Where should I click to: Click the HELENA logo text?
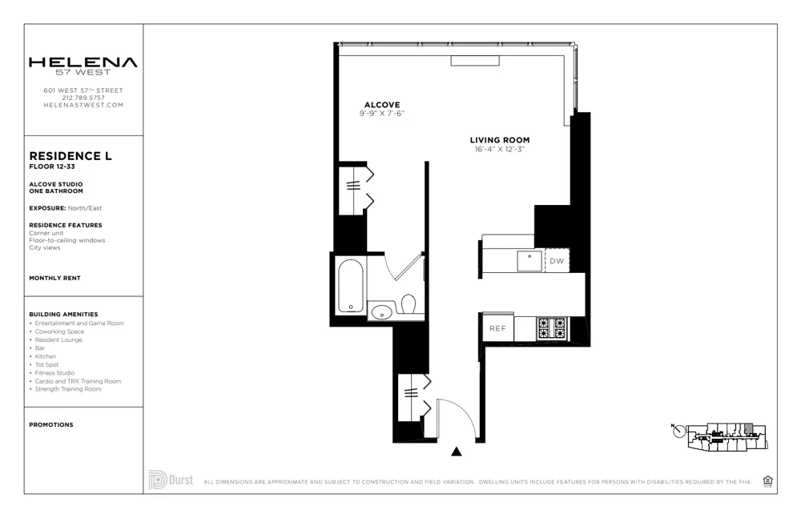click(83, 62)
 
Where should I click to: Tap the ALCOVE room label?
click(382, 105)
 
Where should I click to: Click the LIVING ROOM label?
click(501, 140)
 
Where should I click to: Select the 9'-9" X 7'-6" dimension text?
click(382, 114)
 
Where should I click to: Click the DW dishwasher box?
click(557, 261)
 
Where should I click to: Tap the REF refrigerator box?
click(497, 328)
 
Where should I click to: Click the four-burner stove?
click(551, 327)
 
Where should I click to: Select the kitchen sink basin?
click(528, 261)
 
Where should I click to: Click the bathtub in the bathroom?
click(351, 286)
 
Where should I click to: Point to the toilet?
click(409, 305)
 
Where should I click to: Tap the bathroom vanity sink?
click(382, 311)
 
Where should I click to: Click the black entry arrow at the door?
click(457, 452)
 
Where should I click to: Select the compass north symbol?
click(679, 432)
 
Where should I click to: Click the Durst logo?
click(171, 480)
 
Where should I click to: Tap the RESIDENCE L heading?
click(70, 156)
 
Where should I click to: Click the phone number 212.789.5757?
click(83, 98)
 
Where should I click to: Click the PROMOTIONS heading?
click(51, 425)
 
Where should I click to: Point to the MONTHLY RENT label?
click(54, 278)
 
